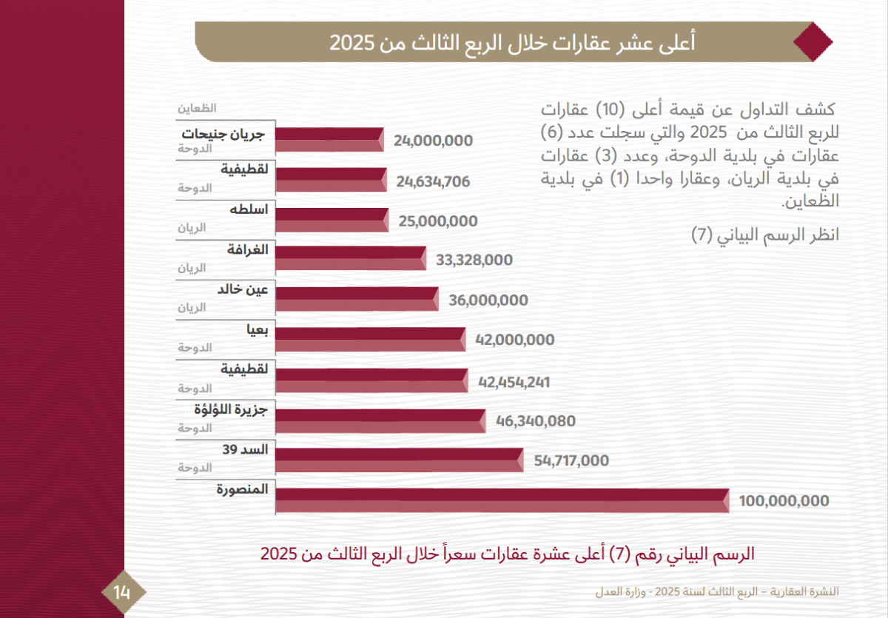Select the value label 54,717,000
tap(571, 460)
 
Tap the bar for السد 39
tap(399, 460)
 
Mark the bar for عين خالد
tap(357, 299)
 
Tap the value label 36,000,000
tap(488, 300)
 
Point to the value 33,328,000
tap(474, 260)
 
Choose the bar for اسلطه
tap(332, 220)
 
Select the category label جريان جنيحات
tap(228, 135)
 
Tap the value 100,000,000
tap(784, 501)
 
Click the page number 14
tap(121, 592)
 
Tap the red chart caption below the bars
tap(507, 554)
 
